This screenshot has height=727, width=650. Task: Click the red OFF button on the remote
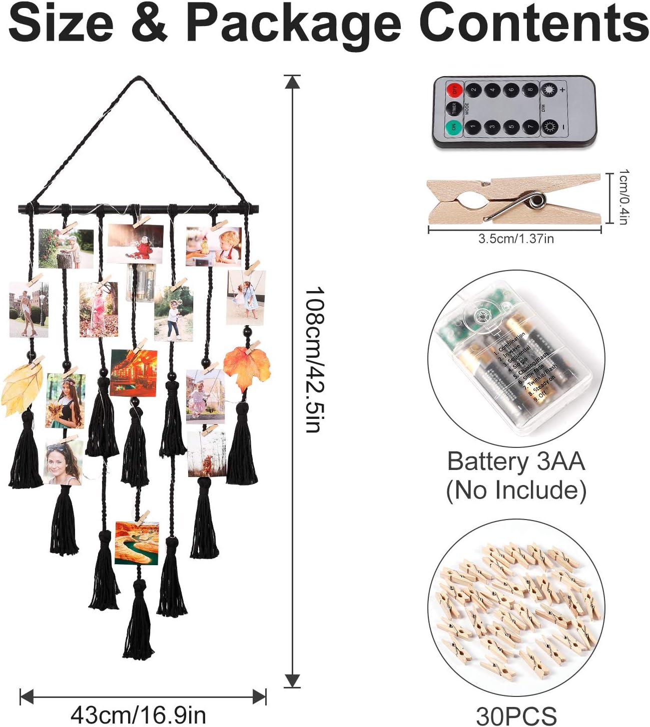(x=453, y=90)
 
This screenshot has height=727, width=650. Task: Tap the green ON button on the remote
(x=453, y=127)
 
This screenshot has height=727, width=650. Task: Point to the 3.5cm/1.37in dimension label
(x=516, y=238)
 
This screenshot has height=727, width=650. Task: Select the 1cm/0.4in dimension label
(x=623, y=197)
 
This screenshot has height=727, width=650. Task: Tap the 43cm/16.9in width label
(x=139, y=714)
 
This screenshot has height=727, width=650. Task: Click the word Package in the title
(x=294, y=24)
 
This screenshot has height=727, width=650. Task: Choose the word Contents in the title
(x=534, y=24)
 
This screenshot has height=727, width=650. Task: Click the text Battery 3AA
(x=516, y=461)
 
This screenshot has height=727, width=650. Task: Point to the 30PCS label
(x=516, y=715)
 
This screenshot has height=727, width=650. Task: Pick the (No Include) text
(x=516, y=490)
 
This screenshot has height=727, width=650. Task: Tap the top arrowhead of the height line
(x=292, y=81)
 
